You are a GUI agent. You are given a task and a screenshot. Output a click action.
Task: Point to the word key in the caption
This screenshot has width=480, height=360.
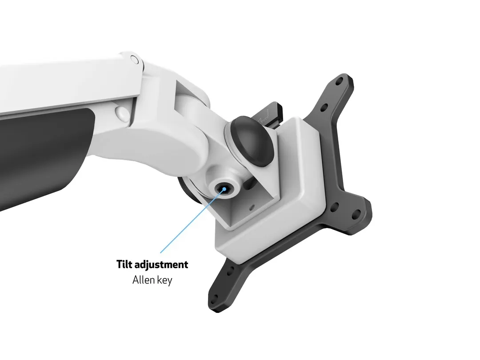pyautogui.click(x=163, y=280)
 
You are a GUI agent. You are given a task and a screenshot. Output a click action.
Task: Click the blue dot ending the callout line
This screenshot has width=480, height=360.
pyautogui.click(x=224, y=188)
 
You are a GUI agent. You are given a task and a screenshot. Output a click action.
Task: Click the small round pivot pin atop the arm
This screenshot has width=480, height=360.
pyautogui.click(x=133, y=59)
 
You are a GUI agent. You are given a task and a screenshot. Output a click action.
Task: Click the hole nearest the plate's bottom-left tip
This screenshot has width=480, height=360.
pyautogui.click(x=215, y=298)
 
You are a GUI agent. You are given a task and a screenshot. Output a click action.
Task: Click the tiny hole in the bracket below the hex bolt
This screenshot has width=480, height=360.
pyautogui.click(x=252, y=207)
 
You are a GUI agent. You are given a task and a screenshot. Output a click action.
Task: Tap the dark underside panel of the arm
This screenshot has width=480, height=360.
pyautogui.click(x=40, y=151)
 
